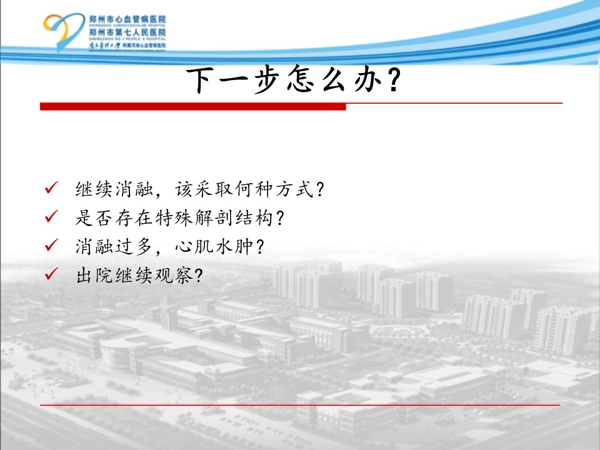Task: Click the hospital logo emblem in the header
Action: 62,32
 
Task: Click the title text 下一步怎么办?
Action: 294,79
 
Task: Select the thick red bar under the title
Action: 193,106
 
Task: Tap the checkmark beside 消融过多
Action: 51,244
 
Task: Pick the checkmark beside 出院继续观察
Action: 51,273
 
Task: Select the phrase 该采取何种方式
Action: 244,189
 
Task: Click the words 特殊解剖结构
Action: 214,218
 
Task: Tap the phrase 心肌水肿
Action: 214,246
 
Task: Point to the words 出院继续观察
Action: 134,275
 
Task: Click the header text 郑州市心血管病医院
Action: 127,19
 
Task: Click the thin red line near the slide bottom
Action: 300,405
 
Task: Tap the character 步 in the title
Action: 267,79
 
